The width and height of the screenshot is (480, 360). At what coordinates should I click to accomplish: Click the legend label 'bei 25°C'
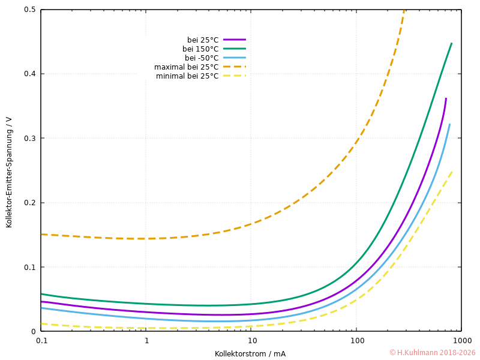(x=202, y=40)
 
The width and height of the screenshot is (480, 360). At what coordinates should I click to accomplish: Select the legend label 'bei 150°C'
(x=200, y=49)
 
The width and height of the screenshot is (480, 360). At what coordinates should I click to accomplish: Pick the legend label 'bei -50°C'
(x=202, y=58)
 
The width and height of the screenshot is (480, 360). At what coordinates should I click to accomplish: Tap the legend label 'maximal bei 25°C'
(x=186, y=67)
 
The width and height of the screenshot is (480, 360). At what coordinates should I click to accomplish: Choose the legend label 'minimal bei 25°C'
(x=187, y=76)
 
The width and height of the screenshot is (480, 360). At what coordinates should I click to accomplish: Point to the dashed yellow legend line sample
(x=235, y=76)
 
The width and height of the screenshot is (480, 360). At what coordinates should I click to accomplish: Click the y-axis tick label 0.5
(x=29, y=10)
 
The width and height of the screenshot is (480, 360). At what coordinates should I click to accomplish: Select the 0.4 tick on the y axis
(x=29, y=74)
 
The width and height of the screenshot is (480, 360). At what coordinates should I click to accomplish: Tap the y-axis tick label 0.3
(x=29, y=139)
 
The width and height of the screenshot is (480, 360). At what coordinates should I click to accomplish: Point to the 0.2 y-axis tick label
(x=29, y=203)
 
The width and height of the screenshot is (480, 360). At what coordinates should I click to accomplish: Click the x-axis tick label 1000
(x=462, y=340)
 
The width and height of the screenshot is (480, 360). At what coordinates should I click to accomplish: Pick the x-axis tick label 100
(x=357, y=340)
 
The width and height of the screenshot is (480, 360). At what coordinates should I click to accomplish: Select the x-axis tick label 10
(x=251, y=340)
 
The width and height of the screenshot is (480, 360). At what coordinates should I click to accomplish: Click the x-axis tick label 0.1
(x=41, y=340)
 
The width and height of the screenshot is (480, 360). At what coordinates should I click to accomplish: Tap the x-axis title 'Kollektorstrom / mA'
(x=250, y=353)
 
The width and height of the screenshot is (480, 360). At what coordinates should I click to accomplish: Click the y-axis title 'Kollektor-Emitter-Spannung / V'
(x=9, y=172)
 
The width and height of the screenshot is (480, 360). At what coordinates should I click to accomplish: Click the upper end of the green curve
(x=451, y=43)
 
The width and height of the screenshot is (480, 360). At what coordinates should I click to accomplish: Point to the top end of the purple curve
(x=446, y=98)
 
